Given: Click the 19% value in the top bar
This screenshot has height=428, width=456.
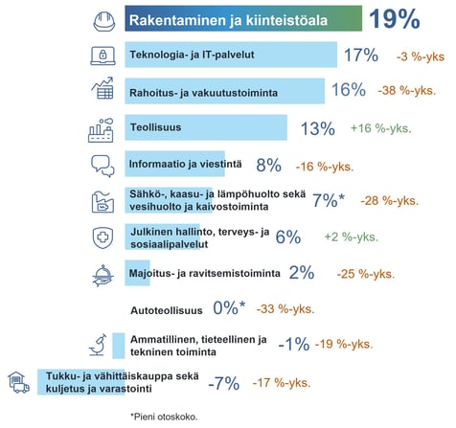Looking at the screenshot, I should [x=394, y=19].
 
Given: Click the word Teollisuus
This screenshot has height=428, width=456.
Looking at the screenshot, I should [x=154, y=126].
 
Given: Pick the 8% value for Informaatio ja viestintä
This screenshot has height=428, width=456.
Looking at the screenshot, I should [x=267, y=164].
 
